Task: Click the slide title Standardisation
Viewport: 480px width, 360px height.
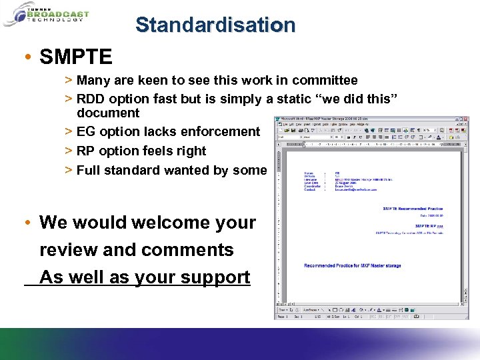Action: tap(215, 25)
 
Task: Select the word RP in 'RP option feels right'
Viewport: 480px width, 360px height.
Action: tap(86, 151)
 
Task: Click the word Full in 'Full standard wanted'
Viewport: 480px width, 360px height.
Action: tap(89, 170)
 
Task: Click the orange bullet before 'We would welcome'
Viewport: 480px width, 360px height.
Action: tap(25, 221)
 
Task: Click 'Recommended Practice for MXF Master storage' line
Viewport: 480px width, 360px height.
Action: tap(353, 266)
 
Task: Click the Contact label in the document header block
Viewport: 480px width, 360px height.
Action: tap(311, 189)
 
